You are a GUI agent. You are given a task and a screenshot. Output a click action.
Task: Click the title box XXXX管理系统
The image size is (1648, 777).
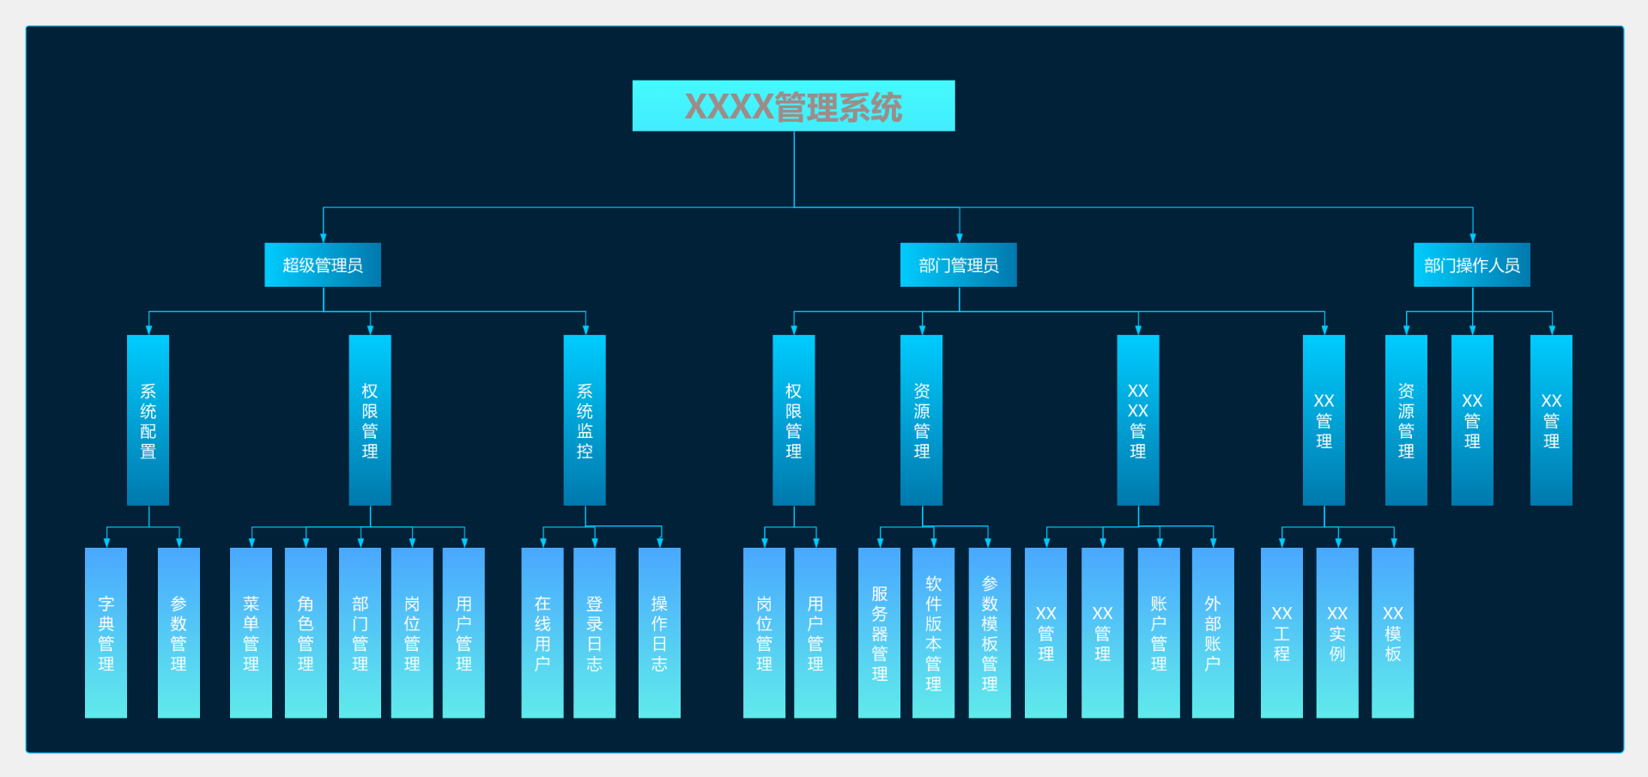793,106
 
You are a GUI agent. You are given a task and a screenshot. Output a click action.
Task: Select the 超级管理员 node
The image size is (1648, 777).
323,264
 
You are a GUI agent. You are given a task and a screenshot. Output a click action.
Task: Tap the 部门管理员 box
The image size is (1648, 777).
958,264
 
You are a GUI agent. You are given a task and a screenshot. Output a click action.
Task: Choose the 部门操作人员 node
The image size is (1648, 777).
1471,264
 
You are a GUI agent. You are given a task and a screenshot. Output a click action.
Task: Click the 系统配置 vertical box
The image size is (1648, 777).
148,420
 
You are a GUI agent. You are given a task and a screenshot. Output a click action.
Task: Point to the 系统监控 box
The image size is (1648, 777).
585,420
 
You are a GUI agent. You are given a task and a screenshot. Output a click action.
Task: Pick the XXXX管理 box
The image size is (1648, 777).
1137,420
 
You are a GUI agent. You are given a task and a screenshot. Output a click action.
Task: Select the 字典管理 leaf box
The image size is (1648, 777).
106,633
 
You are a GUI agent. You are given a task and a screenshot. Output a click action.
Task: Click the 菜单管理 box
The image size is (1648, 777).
251,633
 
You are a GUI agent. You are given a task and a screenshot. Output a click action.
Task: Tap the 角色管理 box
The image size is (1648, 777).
306,633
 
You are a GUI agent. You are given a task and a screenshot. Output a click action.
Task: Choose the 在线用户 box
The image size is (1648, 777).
542,633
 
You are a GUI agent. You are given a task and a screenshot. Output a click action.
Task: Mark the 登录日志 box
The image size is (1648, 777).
594,633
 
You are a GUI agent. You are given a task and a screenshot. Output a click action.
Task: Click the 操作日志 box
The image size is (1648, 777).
659,633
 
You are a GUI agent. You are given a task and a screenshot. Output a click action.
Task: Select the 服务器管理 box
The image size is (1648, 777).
879,633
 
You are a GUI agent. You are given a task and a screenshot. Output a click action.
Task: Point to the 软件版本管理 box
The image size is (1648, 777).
933,633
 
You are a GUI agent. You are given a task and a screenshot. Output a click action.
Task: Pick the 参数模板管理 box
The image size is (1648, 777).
989,633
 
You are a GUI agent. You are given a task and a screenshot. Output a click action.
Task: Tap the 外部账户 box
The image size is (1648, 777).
1213,633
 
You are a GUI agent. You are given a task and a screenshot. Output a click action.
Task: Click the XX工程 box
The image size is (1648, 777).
1281,633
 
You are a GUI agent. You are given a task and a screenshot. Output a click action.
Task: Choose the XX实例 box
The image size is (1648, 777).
1337,633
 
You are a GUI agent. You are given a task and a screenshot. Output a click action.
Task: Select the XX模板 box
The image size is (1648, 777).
1392,633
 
